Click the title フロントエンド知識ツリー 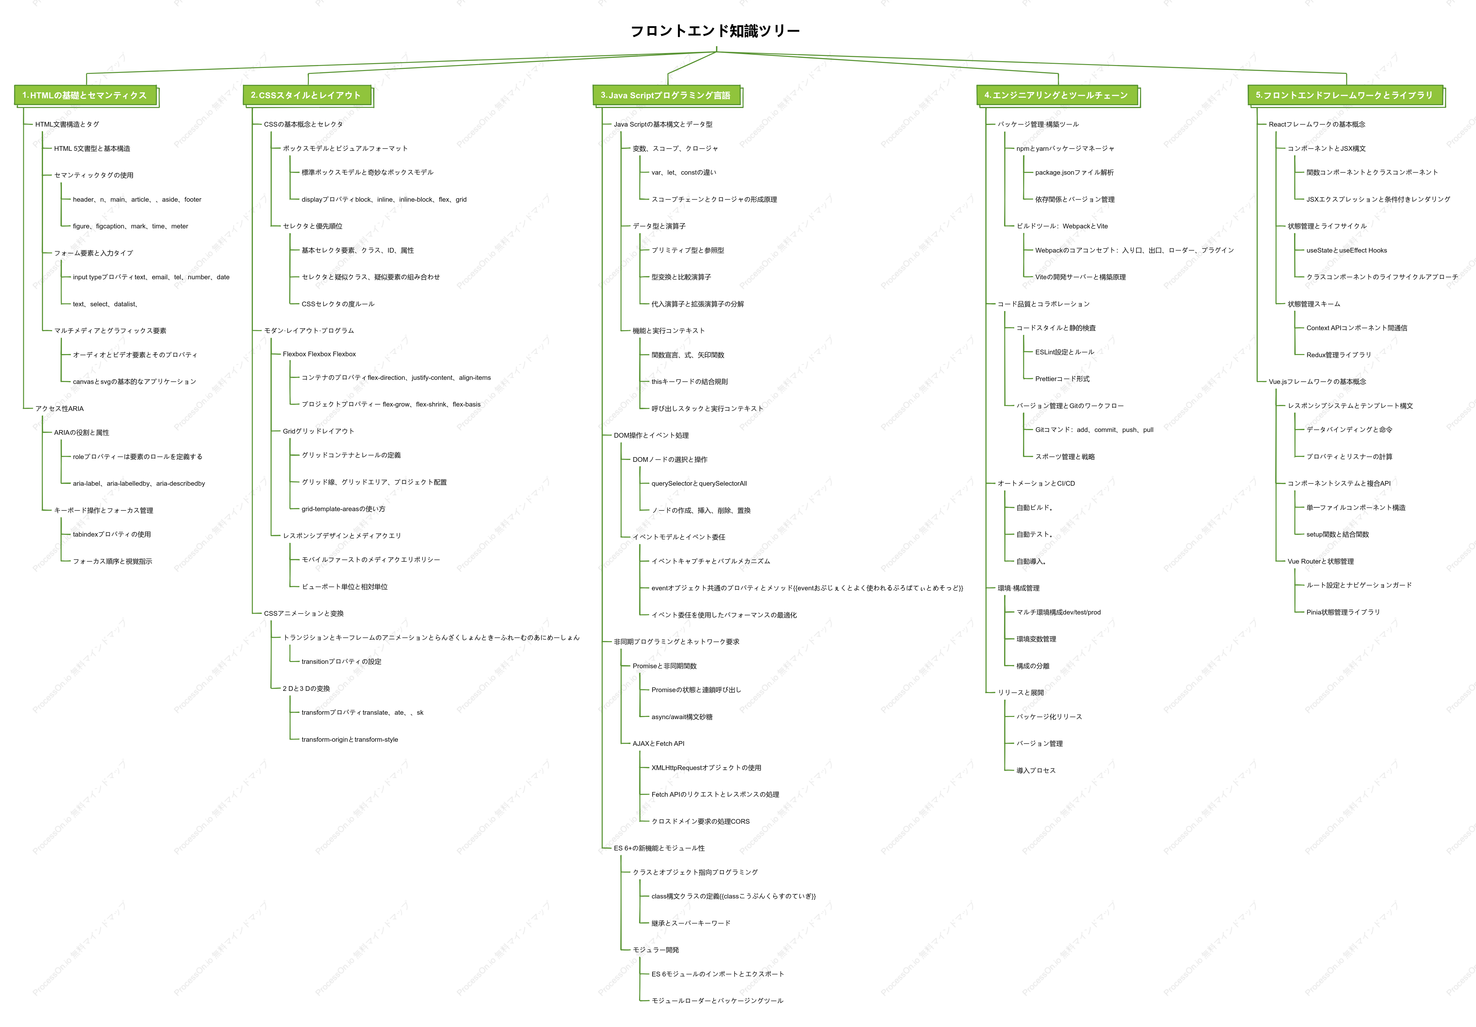click(x=715, y=31)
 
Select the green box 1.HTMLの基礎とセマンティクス click(x=85, y=95)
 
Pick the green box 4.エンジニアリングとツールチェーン click(x=1056, y=95)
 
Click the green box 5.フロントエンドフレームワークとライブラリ click(x=1344, y=95)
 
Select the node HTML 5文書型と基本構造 click(x=92, y=149)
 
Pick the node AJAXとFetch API click(x=658, y=744)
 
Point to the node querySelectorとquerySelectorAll click(x=699, y=483)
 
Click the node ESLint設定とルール click(x=1064, y=352)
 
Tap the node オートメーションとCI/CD click(x=1036, y=483)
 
